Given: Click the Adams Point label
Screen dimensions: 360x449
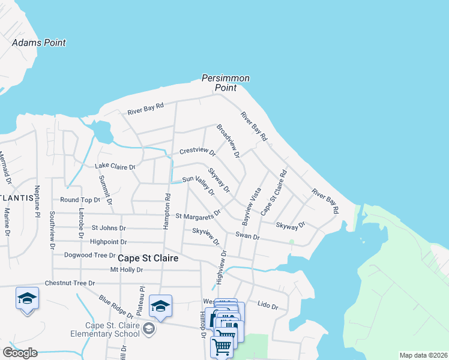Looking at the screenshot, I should click(39, 43).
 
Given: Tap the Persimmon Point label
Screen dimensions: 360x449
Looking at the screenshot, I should click(226, 83).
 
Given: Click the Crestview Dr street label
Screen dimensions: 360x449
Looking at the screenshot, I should click(197, 151).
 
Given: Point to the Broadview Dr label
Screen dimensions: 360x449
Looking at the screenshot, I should click(228, 141).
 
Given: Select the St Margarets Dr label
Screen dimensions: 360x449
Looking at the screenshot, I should click(198, 214).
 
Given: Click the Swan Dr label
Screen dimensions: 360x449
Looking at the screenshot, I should click(247, 236).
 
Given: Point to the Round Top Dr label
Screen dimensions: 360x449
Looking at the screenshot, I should click(80, 200).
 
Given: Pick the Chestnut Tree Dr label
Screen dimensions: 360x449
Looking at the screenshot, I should click(70, 283).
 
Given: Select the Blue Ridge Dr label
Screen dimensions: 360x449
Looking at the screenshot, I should click(116, 305).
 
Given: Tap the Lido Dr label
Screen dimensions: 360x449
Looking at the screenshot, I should click(268, 306).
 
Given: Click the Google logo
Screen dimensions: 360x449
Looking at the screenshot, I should click(20, 353).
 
